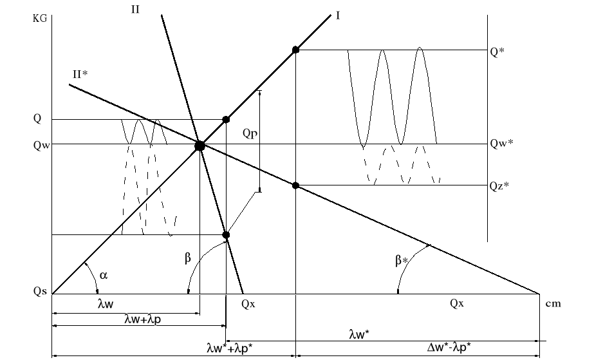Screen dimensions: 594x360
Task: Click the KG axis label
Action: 39,19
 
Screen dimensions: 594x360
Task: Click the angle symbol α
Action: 104,275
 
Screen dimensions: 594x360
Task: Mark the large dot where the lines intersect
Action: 200,146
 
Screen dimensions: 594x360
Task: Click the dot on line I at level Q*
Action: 295,50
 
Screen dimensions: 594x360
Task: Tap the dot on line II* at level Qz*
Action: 295,185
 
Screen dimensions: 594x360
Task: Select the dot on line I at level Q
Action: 225,119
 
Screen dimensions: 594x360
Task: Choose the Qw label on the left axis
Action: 41,145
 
